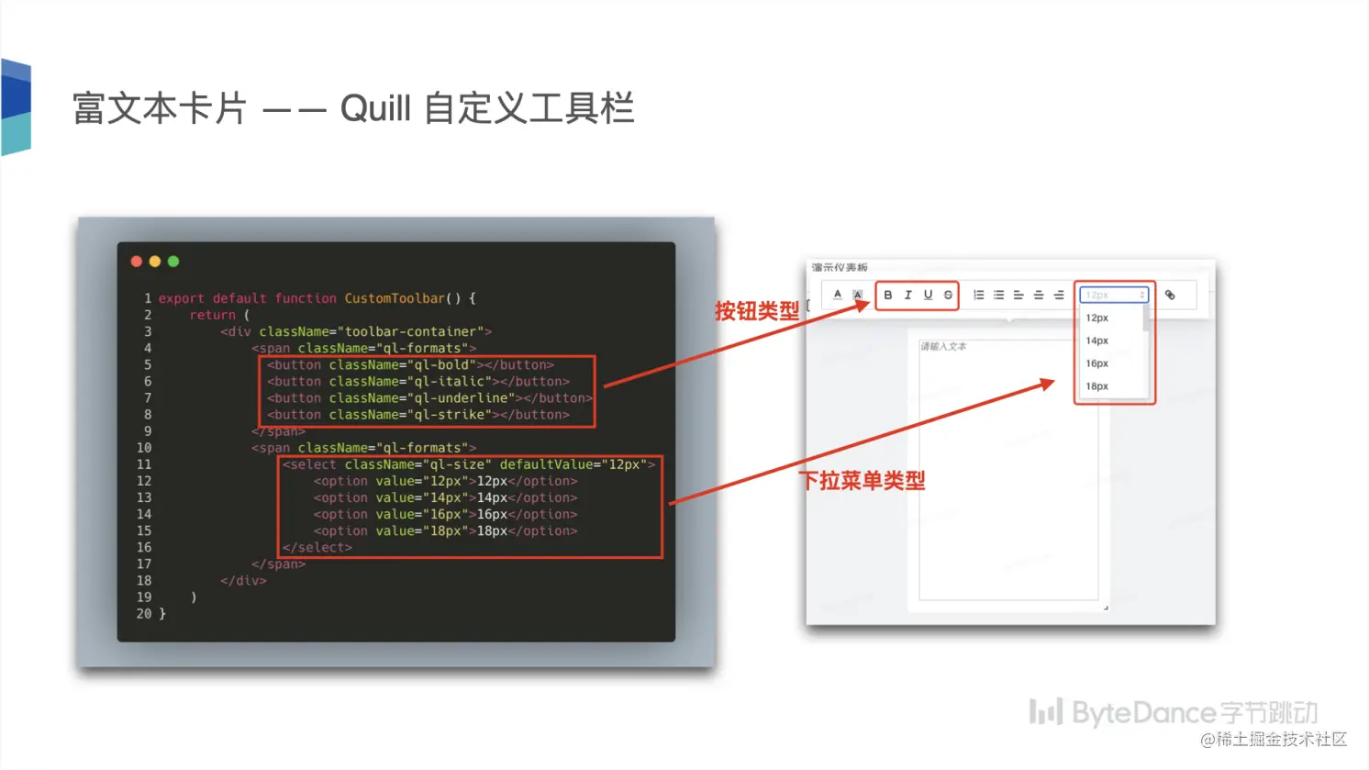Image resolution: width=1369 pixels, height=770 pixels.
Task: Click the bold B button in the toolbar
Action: pos(888,295)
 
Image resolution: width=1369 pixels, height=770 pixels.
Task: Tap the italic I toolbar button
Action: pos(907,295)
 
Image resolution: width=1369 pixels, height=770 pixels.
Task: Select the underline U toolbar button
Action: pos(928,295)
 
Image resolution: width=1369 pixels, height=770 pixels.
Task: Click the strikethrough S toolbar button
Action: pos(948,295)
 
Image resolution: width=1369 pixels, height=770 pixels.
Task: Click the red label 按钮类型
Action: pos(757,311)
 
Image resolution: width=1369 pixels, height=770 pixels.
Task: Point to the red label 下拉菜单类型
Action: pos(863,480)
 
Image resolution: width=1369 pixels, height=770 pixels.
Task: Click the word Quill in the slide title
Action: pos(375,108)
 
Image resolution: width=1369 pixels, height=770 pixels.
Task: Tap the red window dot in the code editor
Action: pos(137,262)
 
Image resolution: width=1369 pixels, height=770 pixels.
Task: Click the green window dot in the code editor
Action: pos(173,262)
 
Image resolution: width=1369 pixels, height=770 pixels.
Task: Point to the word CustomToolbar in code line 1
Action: pos(395,298)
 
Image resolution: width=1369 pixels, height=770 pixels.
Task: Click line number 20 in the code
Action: pos(144,613)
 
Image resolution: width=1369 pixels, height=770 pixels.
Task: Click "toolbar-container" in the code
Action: pos(410,331)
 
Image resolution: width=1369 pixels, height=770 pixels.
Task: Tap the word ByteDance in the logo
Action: pos(1143,713)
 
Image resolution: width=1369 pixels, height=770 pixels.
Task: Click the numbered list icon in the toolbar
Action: pos(979,295)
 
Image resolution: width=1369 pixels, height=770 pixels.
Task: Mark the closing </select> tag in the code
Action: pos(317,547)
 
